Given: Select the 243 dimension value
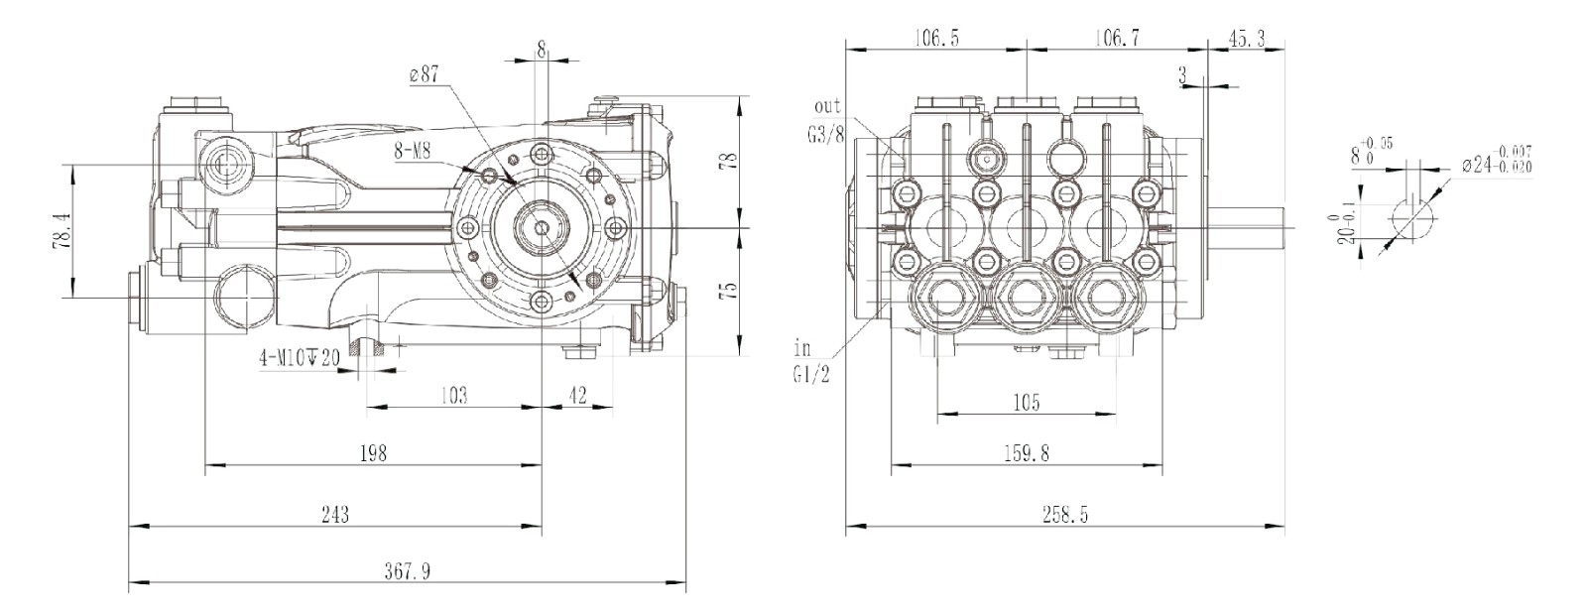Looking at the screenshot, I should tap(335, 514).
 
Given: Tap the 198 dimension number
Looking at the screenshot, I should tap(373, 453).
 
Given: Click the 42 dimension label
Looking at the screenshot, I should tap(578, 396).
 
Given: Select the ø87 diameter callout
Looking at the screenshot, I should tap(423, 76).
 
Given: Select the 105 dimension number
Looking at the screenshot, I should tap(1026, 403).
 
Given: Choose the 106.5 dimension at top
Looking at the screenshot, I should tap(936, 39).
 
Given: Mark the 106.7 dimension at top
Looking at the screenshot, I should tap(1117, 39).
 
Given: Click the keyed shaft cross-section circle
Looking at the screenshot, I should tap(1410, 215).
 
